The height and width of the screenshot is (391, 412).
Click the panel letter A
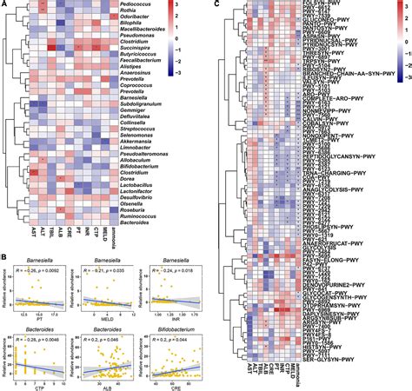(x=4, y=4)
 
